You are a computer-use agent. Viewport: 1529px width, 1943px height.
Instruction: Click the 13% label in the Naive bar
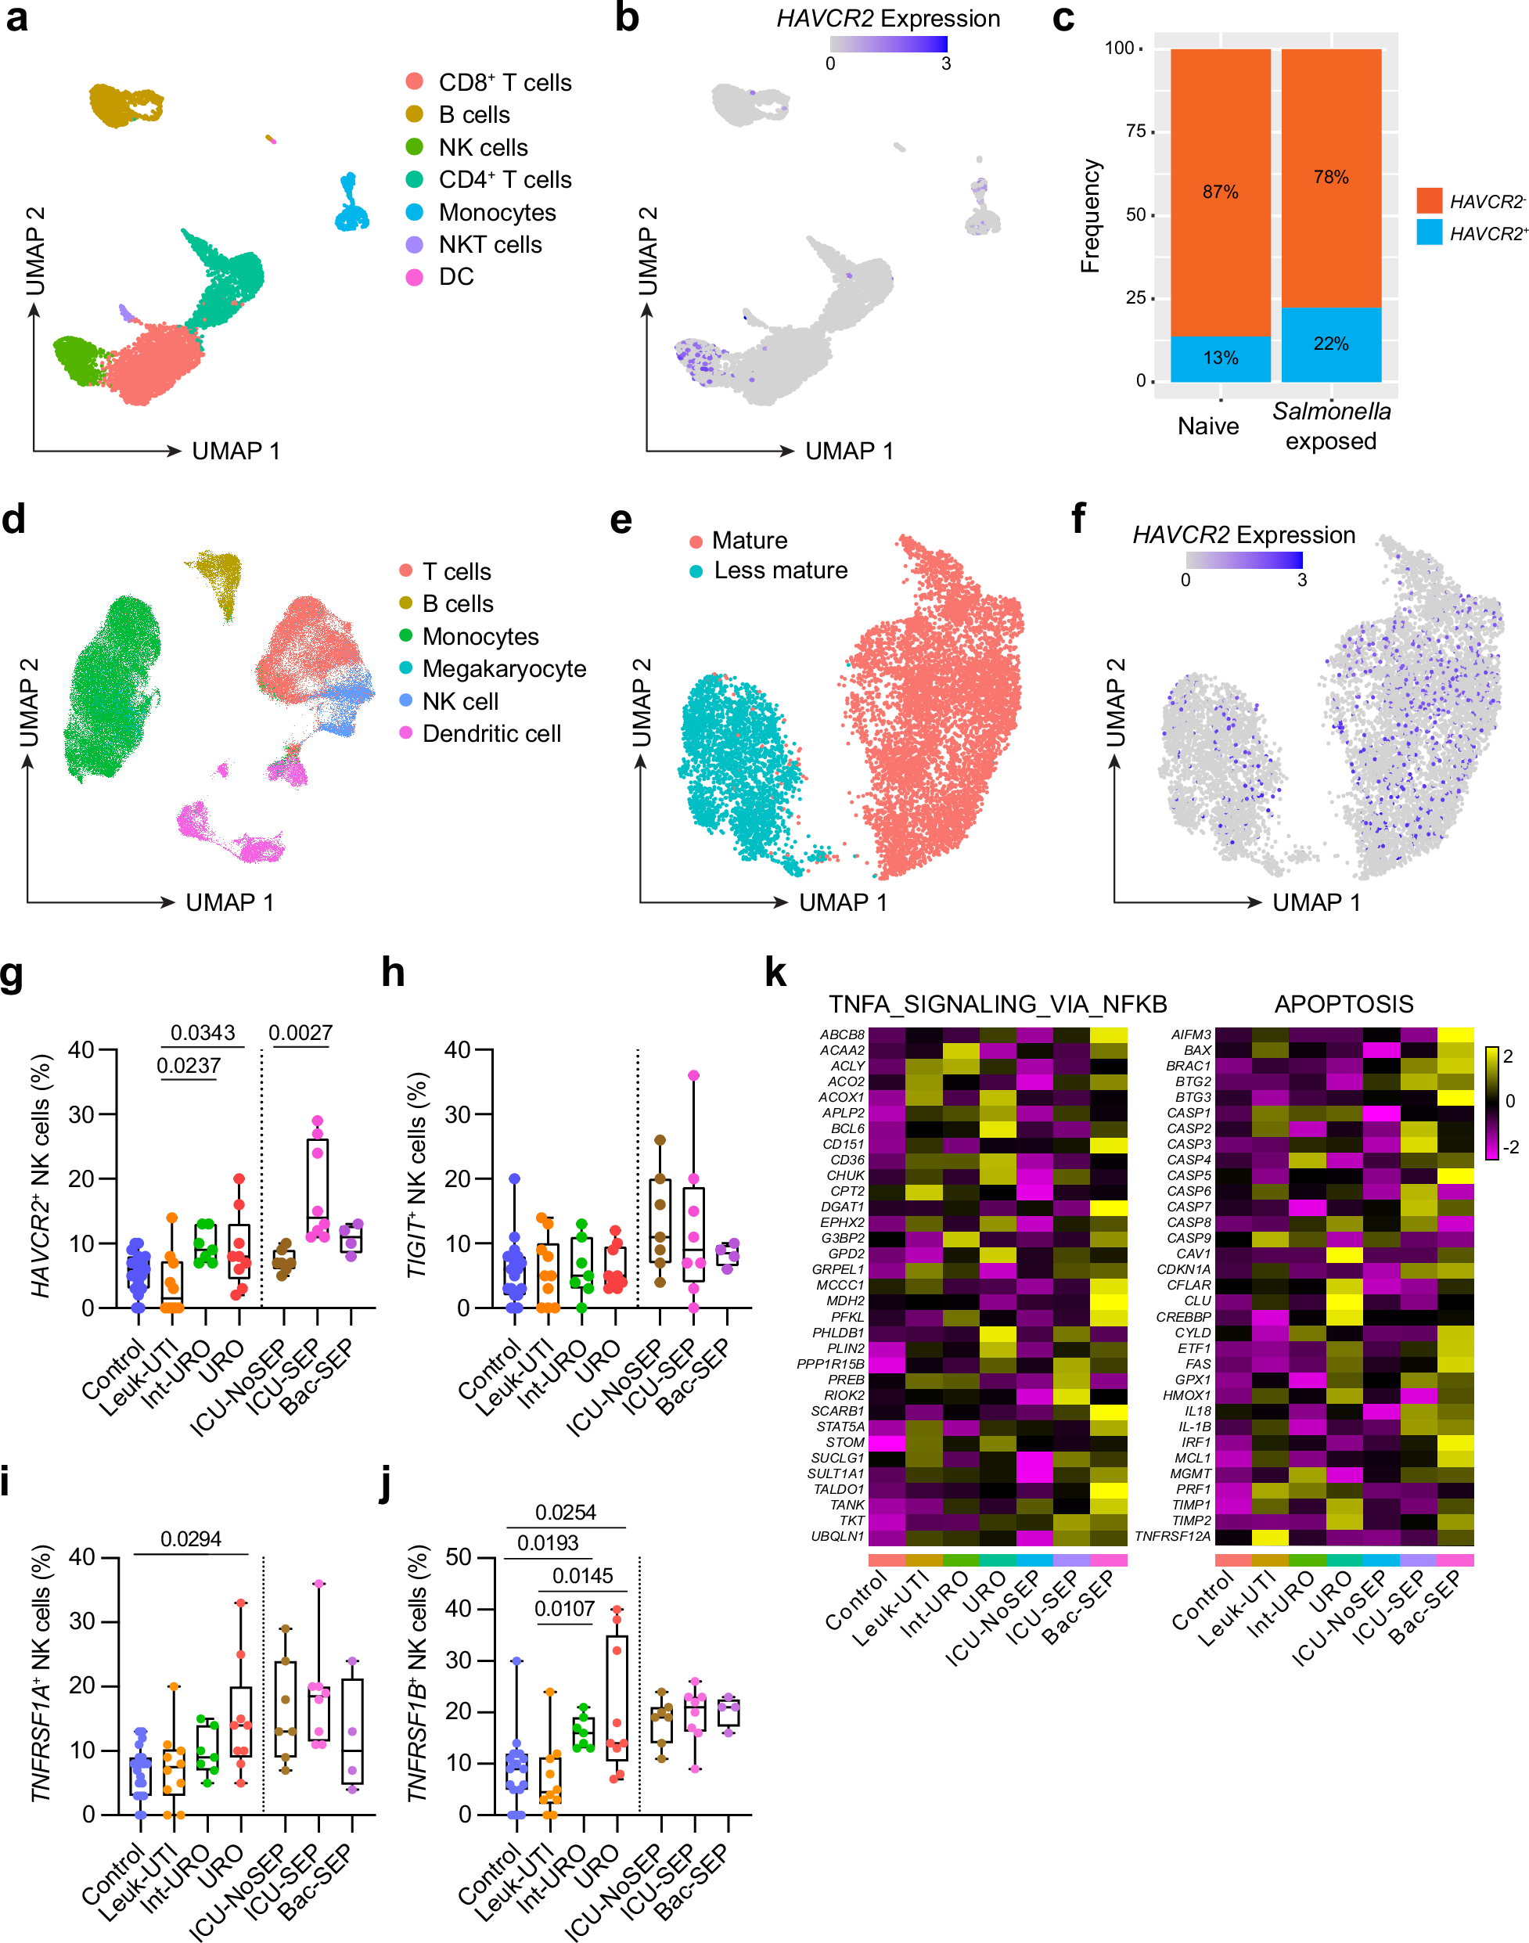pyautogui.click(x=1219, y=358)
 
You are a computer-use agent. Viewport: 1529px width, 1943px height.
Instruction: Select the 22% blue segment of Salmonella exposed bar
pyautogui.click(x=1330, y=344)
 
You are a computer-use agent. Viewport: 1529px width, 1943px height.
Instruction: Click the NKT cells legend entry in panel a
pyautogui.click(x=489, y=244)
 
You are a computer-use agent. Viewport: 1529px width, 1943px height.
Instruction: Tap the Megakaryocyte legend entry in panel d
pyautogui.click(x=503, y=668)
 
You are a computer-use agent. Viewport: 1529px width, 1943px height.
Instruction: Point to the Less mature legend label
pyautogui.click(x=779, y=570)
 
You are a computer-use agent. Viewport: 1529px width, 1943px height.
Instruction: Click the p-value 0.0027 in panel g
pyautogui.click(x=300, y=1032)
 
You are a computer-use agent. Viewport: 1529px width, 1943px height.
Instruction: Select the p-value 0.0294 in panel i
pyautogui.click(x=191, y=1538)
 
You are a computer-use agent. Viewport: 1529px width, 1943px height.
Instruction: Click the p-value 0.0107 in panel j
pyautogui.click(x=564, y=1608)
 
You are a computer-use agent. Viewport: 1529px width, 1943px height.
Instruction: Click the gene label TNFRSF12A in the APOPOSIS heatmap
pyautogui.click(x=1172, y=1536)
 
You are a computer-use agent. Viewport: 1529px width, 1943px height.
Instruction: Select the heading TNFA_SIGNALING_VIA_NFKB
pyautogui.click(x=997, y=1004)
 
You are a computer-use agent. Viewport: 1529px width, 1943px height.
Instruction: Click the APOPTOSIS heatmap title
pyautogui.click(x=1343, y=1004)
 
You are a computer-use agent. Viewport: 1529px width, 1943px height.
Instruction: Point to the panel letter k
pyautogui.click(x=775, y=973)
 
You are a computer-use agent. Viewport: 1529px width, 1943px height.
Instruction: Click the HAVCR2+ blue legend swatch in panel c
pyautogui.click(x=1429, y=232)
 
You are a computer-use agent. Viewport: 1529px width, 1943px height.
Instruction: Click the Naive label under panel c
pyautogui.click(x=1207, y=426)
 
